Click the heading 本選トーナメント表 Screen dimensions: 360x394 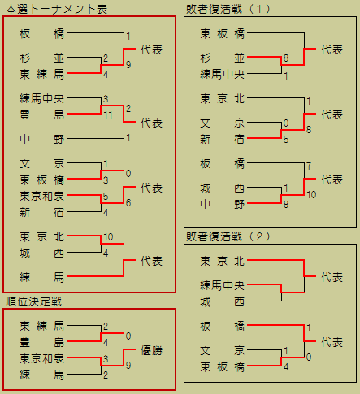click(x=56, y=9)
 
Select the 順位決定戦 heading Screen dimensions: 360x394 click(x=34, y=301)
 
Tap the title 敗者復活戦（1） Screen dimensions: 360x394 click(x=228, y=9)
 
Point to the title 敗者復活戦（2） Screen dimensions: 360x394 click(x=228, y=236)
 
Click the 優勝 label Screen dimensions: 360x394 click(x=152, y=350)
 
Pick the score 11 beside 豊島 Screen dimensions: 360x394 click(x=108, y=115)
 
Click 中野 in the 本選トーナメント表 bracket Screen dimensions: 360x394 click(x=42, y=139)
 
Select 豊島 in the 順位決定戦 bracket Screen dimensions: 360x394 click(x=42, y=342)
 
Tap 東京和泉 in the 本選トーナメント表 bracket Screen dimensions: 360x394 click(x=42, y=196)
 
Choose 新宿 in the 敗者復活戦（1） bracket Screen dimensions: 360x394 click(x=223, y=139)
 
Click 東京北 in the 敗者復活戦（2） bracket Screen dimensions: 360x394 click(x=223, y=261)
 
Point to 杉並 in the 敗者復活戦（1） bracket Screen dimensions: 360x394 click(x=223, y=58)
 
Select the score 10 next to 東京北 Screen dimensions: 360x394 click(x=108, y=237)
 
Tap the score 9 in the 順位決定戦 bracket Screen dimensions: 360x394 click(x=128, y=366)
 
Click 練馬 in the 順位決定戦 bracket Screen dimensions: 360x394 click(x=42, y=375)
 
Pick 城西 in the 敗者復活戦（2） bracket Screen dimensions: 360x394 click(x=223, y=301)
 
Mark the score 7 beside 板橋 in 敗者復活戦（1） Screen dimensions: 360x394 click(x=309, y=166)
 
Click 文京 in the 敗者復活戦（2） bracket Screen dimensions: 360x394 click(x=223, y=350)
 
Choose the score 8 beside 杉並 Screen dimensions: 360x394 click(x=286, y=58)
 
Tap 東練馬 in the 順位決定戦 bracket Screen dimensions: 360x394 click(x=42, y=326)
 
